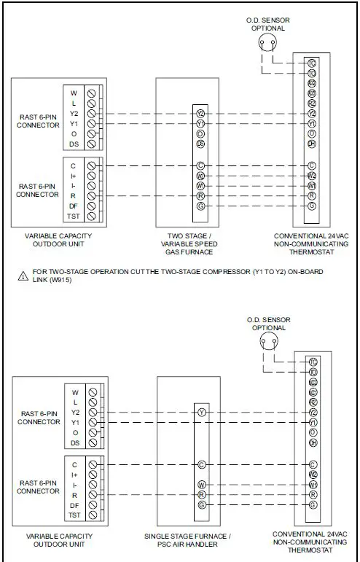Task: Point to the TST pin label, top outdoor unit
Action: coord(74,216)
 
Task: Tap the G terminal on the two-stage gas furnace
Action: coord(200,206)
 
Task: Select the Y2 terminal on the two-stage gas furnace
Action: coord(200,114)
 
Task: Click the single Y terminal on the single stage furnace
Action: coord(201,412)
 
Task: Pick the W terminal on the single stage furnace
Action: coord(201,484)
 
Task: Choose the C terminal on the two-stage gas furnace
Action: coord(200,165)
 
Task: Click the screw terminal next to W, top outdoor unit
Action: coord(92,93)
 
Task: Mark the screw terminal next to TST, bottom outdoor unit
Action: coord(93,515)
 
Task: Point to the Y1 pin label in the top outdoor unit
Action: coord(74,124)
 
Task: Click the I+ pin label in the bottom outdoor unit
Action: coord(74,474)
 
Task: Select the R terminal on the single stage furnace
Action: coord(201,494)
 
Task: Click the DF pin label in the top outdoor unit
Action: coord(74,206)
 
